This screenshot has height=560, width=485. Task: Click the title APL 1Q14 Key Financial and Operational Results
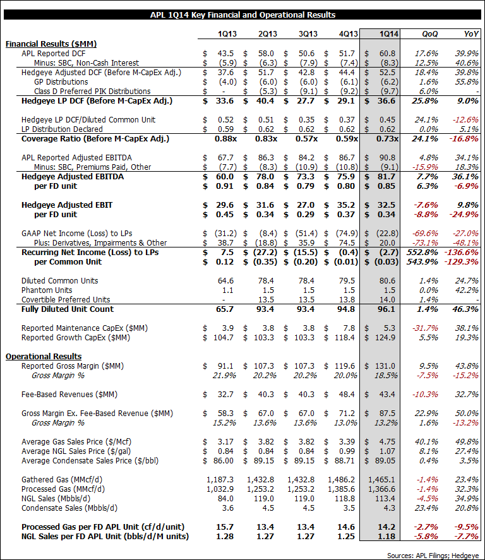[x=242, y=15]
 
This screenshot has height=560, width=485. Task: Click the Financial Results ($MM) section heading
[x=45, y=44]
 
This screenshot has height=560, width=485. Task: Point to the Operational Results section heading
[x=44, y=356]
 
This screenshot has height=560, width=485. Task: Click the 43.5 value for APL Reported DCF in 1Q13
[x=220, y=54]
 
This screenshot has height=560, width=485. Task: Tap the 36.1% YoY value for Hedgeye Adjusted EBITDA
[x=465, y=177]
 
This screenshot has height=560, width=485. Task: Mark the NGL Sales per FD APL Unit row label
[x=105, y=537]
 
